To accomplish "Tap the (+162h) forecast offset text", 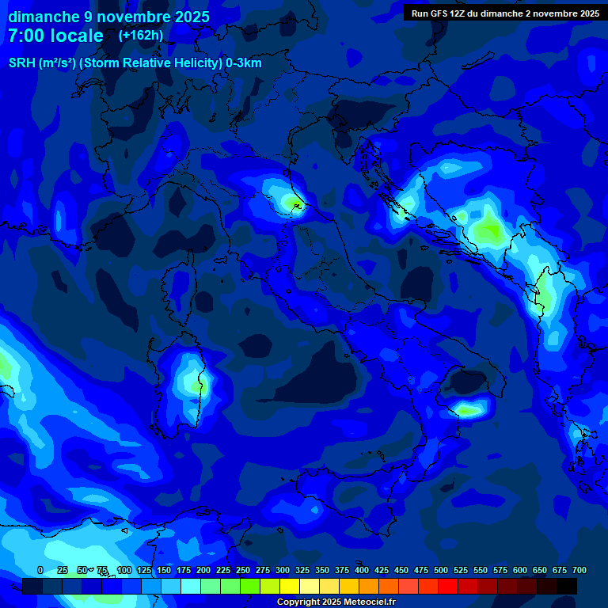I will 141,36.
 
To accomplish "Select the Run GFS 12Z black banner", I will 504,13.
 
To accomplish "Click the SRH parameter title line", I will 135,63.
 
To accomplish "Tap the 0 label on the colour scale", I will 40,570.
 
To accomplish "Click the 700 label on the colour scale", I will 579,570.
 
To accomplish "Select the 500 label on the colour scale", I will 421,570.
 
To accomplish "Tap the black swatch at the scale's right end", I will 567,586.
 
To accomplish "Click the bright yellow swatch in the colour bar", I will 290,586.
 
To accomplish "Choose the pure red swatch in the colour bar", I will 448,586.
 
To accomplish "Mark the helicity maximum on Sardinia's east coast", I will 195,386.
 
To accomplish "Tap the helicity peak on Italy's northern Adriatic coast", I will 294,205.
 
